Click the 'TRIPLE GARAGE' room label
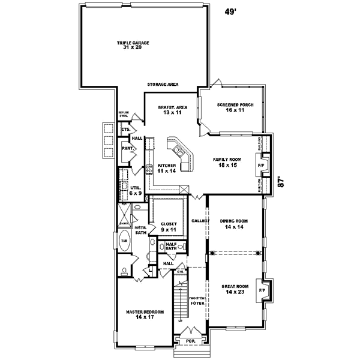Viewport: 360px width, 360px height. coord(133,43)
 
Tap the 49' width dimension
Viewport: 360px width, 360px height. coord(230,11)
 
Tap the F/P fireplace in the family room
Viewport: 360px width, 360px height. coord(261,164)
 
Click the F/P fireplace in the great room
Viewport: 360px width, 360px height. coord(262,290)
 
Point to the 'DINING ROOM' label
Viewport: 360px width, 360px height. coord(233,221)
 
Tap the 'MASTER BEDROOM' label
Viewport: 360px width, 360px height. coord(142,313)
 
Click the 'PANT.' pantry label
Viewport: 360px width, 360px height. coord(127,148)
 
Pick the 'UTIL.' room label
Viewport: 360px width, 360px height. coord(136,188)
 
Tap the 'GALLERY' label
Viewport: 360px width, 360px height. coord(200,221)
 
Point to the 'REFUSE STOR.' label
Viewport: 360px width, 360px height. coord(124,115)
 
